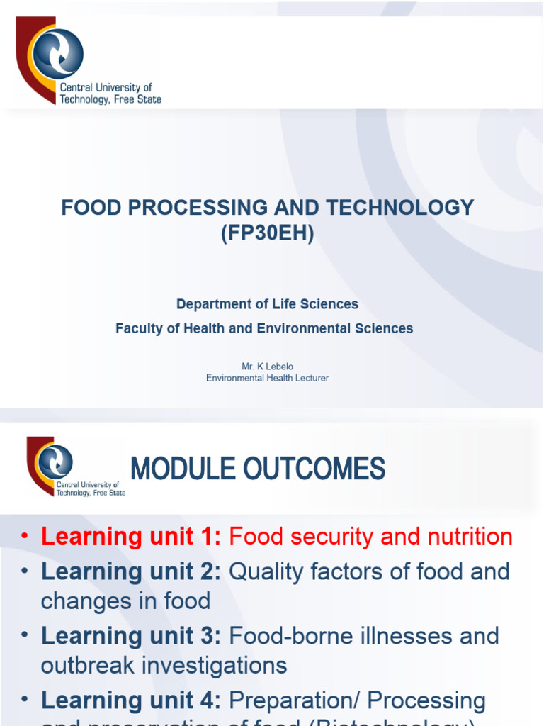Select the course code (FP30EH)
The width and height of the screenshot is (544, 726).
[268, 233]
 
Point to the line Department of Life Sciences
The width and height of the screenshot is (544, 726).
[267, 304]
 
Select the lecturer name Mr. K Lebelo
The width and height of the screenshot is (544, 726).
[267, 366]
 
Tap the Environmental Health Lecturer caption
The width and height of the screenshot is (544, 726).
[267, 378]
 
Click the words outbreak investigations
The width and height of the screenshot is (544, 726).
[164, 666]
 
